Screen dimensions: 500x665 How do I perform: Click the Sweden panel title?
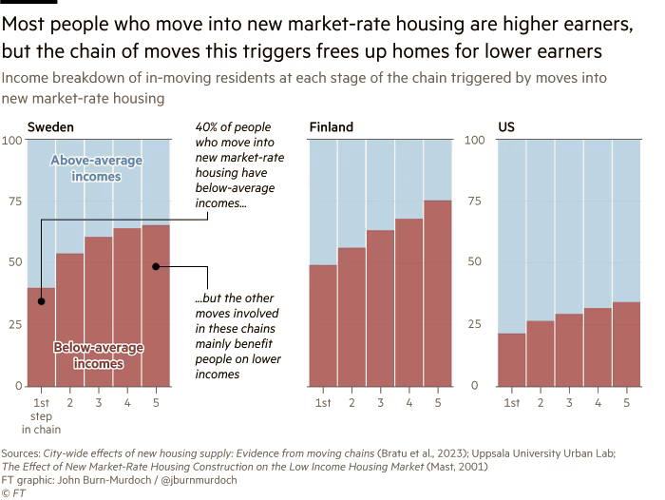pos(50,126)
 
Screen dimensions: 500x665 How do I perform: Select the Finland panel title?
pos(332,126)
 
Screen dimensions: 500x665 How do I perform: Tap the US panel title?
pos(507,126)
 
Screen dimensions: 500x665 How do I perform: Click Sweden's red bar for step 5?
pos(156,314)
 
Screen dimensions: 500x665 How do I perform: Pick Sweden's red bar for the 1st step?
pos(42,342)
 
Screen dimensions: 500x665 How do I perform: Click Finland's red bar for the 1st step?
pos(324,328)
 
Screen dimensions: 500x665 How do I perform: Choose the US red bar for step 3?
pos(569,352)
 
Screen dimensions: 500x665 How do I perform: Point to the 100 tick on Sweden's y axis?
pos(12,141)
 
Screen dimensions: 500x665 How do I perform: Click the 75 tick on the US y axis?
pos(477,202)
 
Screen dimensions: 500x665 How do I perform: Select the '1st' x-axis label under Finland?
pos(324,403)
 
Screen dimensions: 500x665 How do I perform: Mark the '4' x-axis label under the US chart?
pos(598,403)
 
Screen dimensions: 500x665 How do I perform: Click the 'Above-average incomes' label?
pos(96,168)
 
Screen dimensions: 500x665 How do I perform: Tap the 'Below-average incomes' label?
pos(98,356)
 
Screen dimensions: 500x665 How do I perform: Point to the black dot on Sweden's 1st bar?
pos(42,301)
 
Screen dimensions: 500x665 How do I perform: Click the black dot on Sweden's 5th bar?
pos(155,266)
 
